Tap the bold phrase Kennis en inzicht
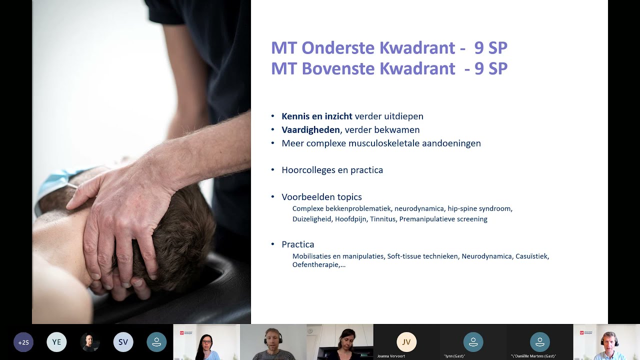(x=316, y=116)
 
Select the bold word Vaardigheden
(x=310, y=130)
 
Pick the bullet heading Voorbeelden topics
(x=321, y=197)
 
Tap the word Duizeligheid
(x=312, y=219)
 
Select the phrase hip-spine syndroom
(x=479, y=208)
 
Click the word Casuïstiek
(x=532, y=256)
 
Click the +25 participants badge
(x=23, y=342)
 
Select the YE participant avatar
(x=56, y=342)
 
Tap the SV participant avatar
(x=123, y=342)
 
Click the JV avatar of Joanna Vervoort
(x=406, y=342)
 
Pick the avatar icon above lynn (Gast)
(x=473, y=342)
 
